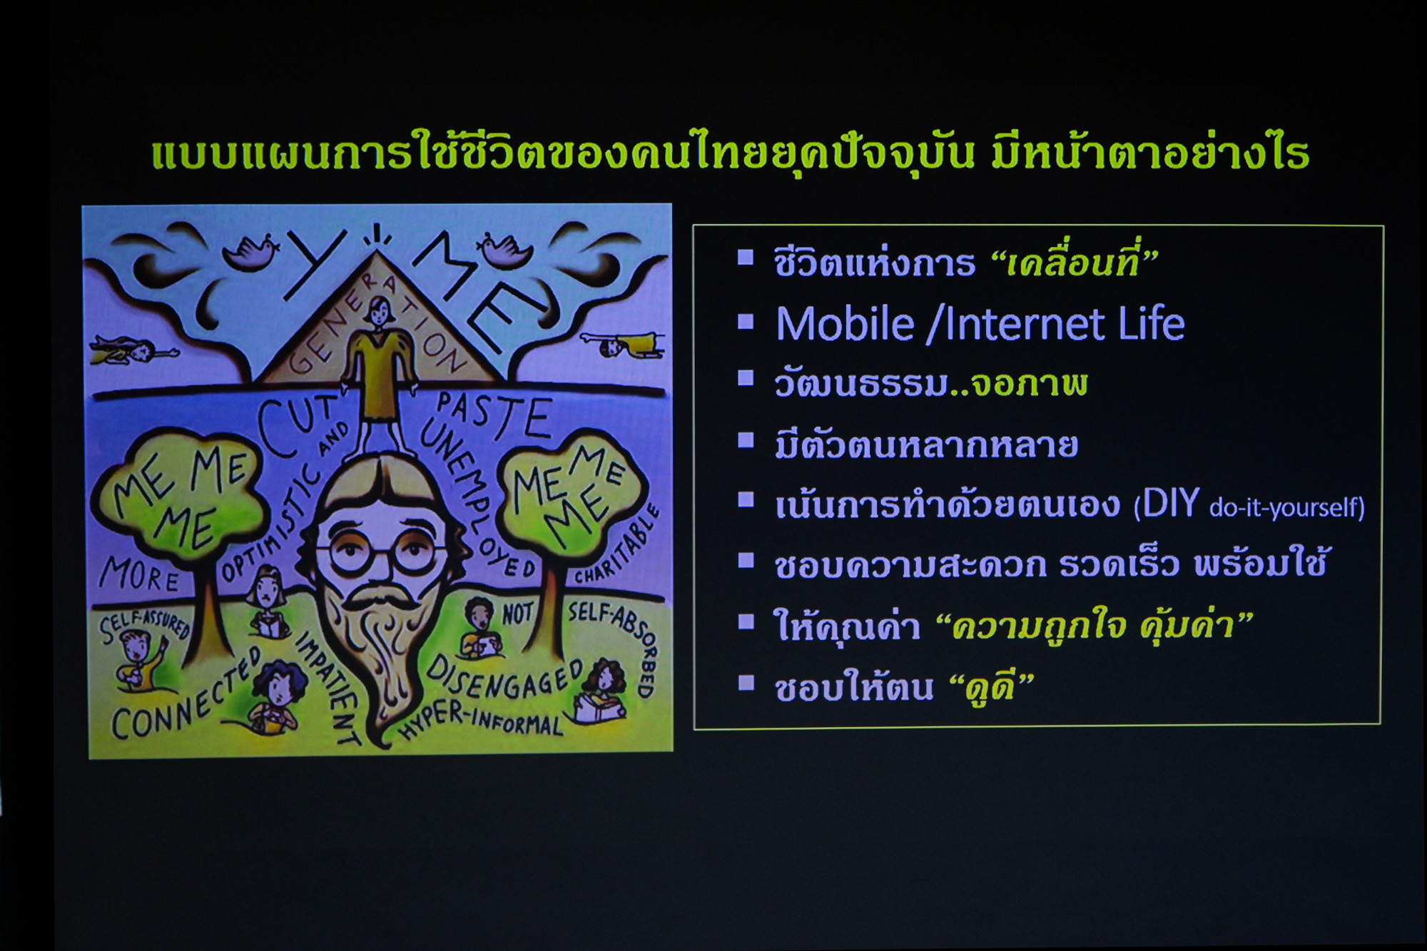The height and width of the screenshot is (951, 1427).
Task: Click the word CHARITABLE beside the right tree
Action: point(617,546)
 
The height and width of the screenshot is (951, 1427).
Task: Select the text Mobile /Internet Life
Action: point(980,324)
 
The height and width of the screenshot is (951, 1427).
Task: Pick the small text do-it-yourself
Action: point(1283,507)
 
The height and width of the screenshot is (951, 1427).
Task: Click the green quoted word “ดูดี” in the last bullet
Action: point(994,688)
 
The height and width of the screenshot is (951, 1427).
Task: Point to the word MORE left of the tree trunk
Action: point(140,575)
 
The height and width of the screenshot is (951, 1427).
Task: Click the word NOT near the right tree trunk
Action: point(518,613)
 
